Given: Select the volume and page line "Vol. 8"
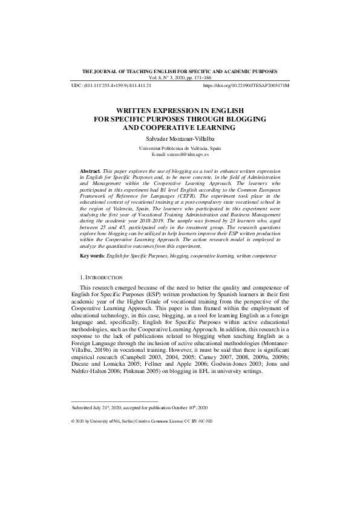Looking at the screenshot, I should (x=180, y=78).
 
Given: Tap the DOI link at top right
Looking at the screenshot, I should (x=246, y=86).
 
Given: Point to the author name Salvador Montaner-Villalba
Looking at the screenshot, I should (x=180, y=138).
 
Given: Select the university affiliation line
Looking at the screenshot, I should (x=180, y=148).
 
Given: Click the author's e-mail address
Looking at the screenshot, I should (x=188, y=155).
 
